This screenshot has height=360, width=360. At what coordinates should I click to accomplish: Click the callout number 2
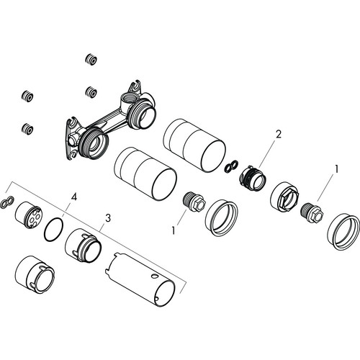tap(278, 134)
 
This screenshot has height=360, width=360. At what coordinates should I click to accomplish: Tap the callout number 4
tap(74, 197)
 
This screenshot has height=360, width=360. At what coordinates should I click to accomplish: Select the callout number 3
tap(108, 218)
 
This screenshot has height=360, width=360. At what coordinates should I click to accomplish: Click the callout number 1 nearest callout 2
tap(337, 169)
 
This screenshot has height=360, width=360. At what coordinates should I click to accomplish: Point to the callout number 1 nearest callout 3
tap(174, 230)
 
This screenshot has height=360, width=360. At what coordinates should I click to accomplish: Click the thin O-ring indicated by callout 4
tap(54, 229)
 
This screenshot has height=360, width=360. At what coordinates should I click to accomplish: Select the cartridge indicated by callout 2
tap(253, 178)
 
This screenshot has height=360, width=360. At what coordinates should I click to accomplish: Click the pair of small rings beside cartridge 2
tap(232, 166)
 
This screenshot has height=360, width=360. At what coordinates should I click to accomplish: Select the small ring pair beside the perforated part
tap(7, 202)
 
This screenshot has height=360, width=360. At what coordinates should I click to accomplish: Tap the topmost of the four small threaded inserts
tap(91, 59)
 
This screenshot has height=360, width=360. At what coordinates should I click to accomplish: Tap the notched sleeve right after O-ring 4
tap(84, 246)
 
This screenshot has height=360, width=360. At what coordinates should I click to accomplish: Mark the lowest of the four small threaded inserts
tap(27, 129)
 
